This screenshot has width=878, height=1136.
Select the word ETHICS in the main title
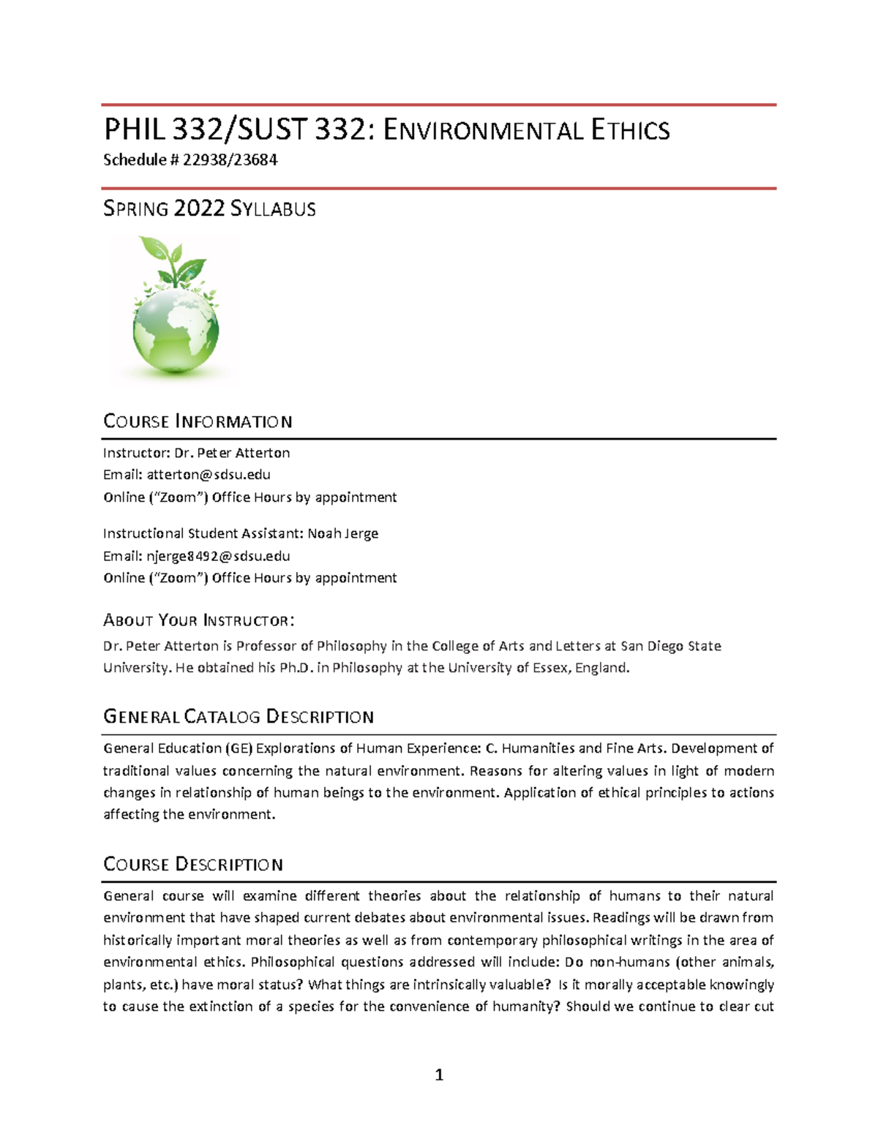tap(630, 130)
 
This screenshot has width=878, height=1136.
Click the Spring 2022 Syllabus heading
tap(209, 209)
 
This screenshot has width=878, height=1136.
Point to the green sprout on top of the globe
tap(173, 260)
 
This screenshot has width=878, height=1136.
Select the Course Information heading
tap(198, 421)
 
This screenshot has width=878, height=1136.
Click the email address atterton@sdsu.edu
tap(209, 475)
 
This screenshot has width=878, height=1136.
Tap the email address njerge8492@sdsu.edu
tap(218, 556)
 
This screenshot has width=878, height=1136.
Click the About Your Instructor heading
tap(198, 620)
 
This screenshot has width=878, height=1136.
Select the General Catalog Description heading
tap(239, 717)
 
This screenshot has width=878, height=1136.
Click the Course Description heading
tap(193, 865)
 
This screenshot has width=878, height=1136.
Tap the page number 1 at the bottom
tap(439, 1075)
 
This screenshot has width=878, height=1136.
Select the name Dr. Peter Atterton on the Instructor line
tap(232, 453)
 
